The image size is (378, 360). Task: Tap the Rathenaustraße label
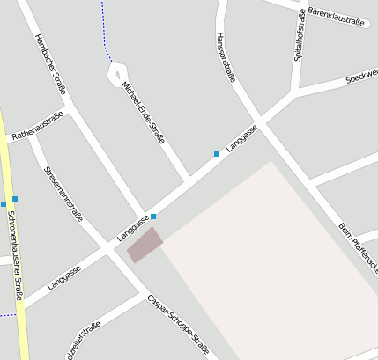(38, 126)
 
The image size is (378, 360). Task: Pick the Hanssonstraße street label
(226, 57)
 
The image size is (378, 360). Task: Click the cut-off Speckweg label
(361, 77)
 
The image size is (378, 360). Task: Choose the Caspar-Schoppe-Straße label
(178, 325)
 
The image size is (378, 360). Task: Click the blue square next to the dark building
(153, 217)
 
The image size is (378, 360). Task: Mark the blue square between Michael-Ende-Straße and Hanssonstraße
(217, 154)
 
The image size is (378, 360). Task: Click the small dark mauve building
(145, 244)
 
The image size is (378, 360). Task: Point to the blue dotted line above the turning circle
(103, 26)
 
